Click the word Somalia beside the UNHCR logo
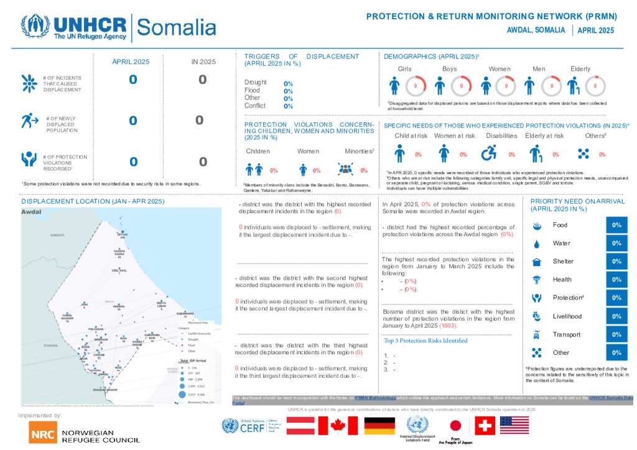coord(176,27)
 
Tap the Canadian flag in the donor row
coord(338,425)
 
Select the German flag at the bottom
coord(379,425)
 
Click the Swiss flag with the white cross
coord(485,425)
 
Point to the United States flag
coord(514,425)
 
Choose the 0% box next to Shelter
coord(616,262)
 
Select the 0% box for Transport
coord(616,334)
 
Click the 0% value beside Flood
coord(288,91)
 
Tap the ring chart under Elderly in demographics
coord(595,85)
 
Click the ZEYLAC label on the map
coord(123,234)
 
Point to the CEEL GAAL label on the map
coord(119,270)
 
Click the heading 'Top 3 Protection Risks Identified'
coord(426,341)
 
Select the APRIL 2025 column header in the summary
coord(131,62)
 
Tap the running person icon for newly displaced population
coord(28,121)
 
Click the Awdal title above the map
coord(31,211)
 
